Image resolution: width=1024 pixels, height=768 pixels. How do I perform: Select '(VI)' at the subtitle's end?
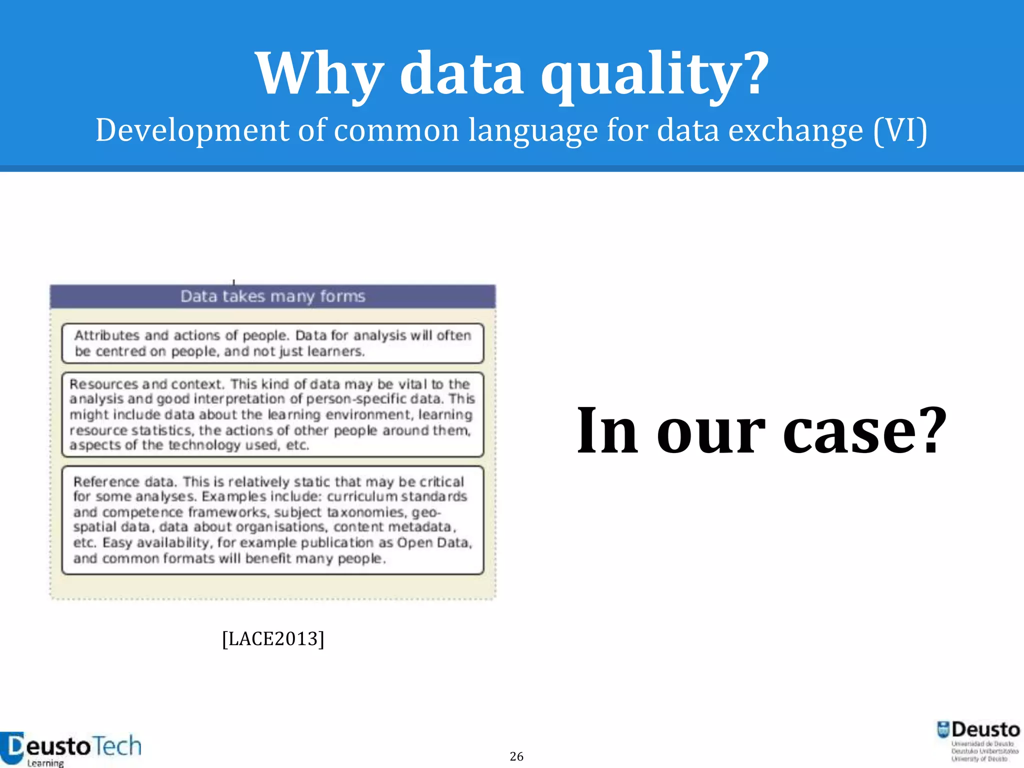pos(900,131)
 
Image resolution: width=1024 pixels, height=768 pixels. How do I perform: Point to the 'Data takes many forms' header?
pos(273,296)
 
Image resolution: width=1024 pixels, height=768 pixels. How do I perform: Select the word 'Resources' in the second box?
pos(103,384)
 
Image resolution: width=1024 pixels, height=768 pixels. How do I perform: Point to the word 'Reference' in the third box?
pos(106,482)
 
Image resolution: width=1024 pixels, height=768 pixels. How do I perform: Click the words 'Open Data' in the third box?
pos(433,543)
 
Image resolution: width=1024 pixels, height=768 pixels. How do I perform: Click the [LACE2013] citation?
pos(273,639)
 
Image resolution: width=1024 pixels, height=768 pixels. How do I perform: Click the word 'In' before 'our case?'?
pos(607,431)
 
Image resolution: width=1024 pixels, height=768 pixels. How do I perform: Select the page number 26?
pos(516,756)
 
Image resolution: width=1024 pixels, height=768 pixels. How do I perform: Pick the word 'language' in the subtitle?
pos(532,131)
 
